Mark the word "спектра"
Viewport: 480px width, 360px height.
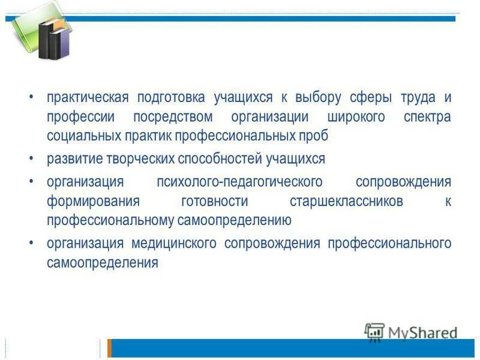click(427, 117)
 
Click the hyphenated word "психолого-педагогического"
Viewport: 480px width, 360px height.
click(239, 182)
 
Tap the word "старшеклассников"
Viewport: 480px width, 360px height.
click(346, 201)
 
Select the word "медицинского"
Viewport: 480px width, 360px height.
click(173, 244)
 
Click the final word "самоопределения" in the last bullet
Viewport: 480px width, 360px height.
click(103, 263)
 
